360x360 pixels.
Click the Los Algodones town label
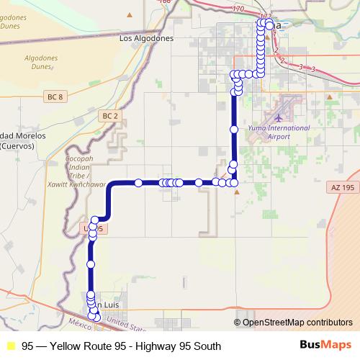(x=147, y=39)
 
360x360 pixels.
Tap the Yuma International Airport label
(x=269, y=132)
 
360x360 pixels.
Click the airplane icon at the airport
(x=279, y=117)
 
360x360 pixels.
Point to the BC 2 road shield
(x=109, y=115)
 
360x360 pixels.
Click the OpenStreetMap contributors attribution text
(x=296, y=323)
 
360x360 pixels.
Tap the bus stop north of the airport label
(x=233, y=130)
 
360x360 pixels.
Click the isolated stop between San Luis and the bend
(x=91, y=265)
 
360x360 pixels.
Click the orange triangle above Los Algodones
(x=129, y=14)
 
